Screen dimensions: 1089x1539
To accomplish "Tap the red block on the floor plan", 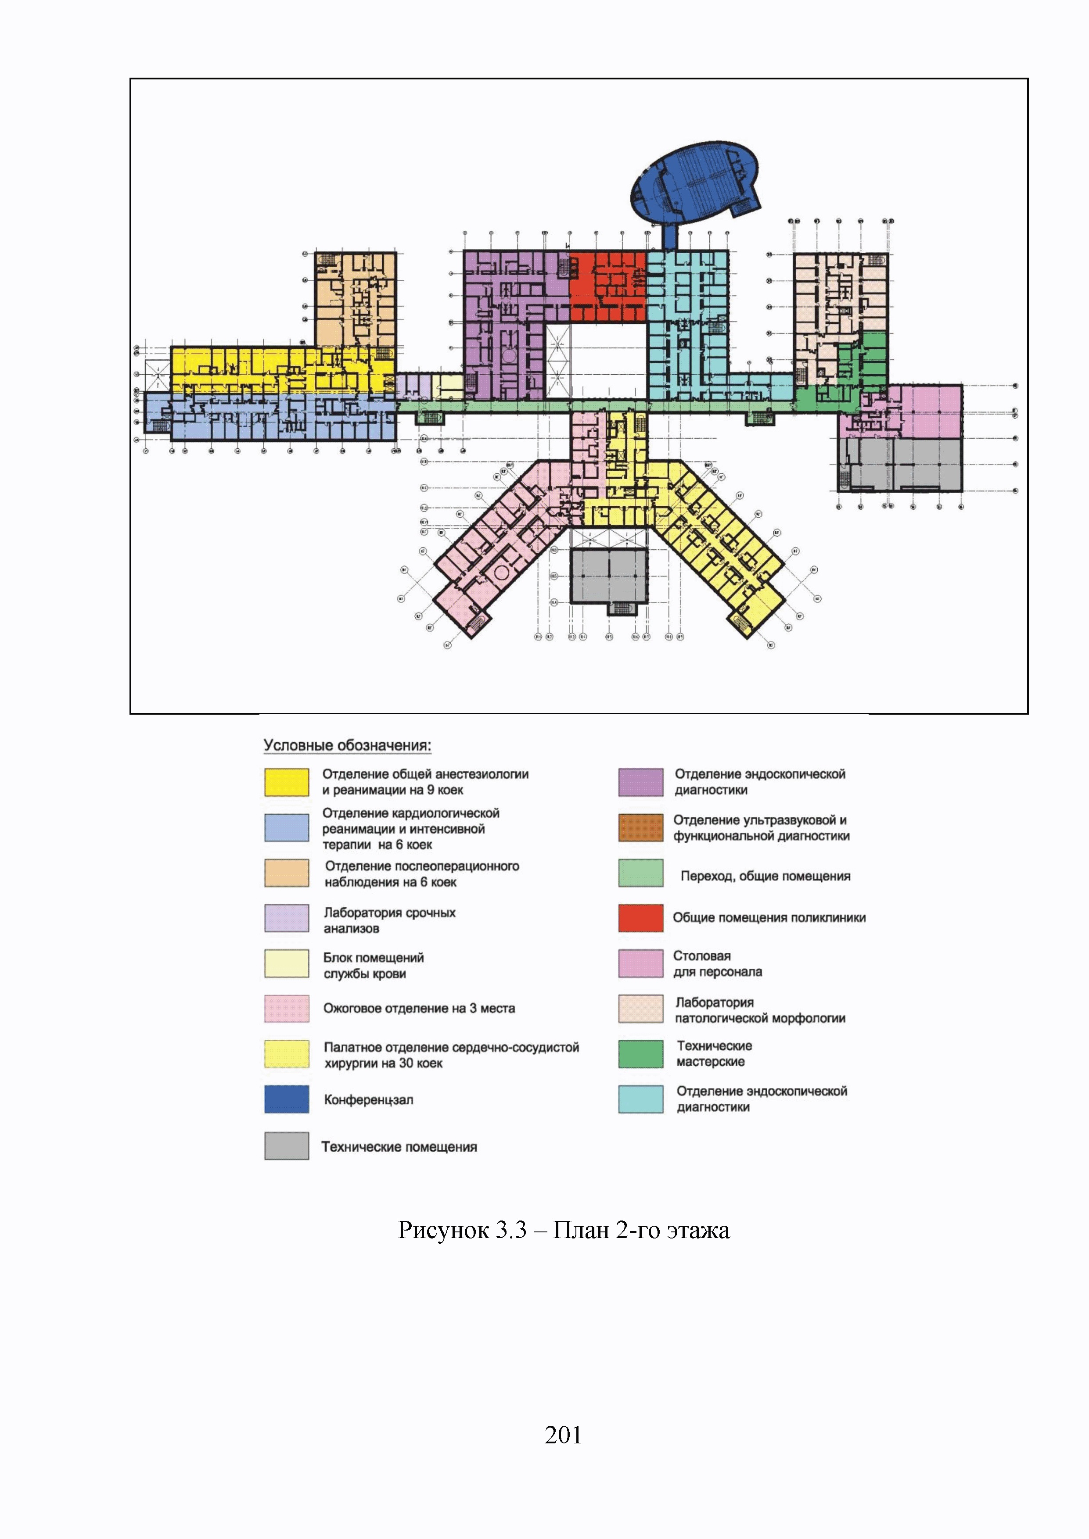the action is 607,285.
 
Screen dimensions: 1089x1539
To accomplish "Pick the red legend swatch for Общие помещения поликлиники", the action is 640,918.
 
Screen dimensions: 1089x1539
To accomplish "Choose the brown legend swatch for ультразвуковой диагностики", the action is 640,828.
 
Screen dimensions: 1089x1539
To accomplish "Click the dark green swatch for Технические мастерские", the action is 640,1054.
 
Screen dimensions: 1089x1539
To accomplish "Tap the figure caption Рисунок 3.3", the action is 563,1231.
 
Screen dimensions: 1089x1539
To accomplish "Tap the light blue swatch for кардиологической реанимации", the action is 286,828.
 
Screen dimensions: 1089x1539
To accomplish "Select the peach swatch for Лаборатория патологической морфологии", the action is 640,1009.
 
